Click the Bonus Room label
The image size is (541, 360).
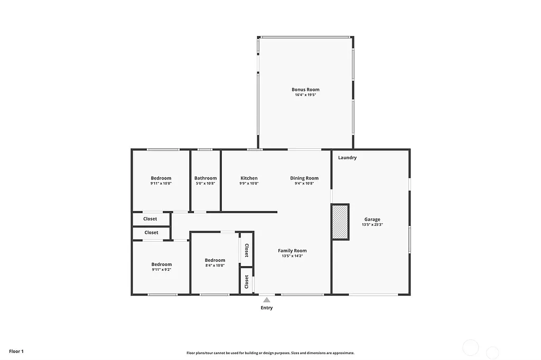305,90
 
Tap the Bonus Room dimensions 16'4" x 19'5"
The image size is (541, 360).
305,95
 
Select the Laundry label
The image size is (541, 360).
347,158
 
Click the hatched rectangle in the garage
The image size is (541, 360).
340,222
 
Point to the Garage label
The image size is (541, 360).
372,219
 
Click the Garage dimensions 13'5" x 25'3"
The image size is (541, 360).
372,224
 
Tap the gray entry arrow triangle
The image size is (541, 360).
267,300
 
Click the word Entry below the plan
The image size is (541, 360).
267,308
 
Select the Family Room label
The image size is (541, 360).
292,251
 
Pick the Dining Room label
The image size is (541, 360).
304,178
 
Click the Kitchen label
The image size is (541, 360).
249,178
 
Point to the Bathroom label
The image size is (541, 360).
206,178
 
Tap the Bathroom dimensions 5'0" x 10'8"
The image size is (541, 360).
206,184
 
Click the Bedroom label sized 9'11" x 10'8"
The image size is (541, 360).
161,178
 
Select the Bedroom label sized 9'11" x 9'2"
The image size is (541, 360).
161,264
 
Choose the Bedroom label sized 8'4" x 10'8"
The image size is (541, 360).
215,260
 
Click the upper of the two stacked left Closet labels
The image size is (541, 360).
150,219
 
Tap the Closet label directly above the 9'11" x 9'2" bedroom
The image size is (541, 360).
151,232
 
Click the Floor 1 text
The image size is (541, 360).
16,351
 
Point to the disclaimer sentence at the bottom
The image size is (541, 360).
270,353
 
